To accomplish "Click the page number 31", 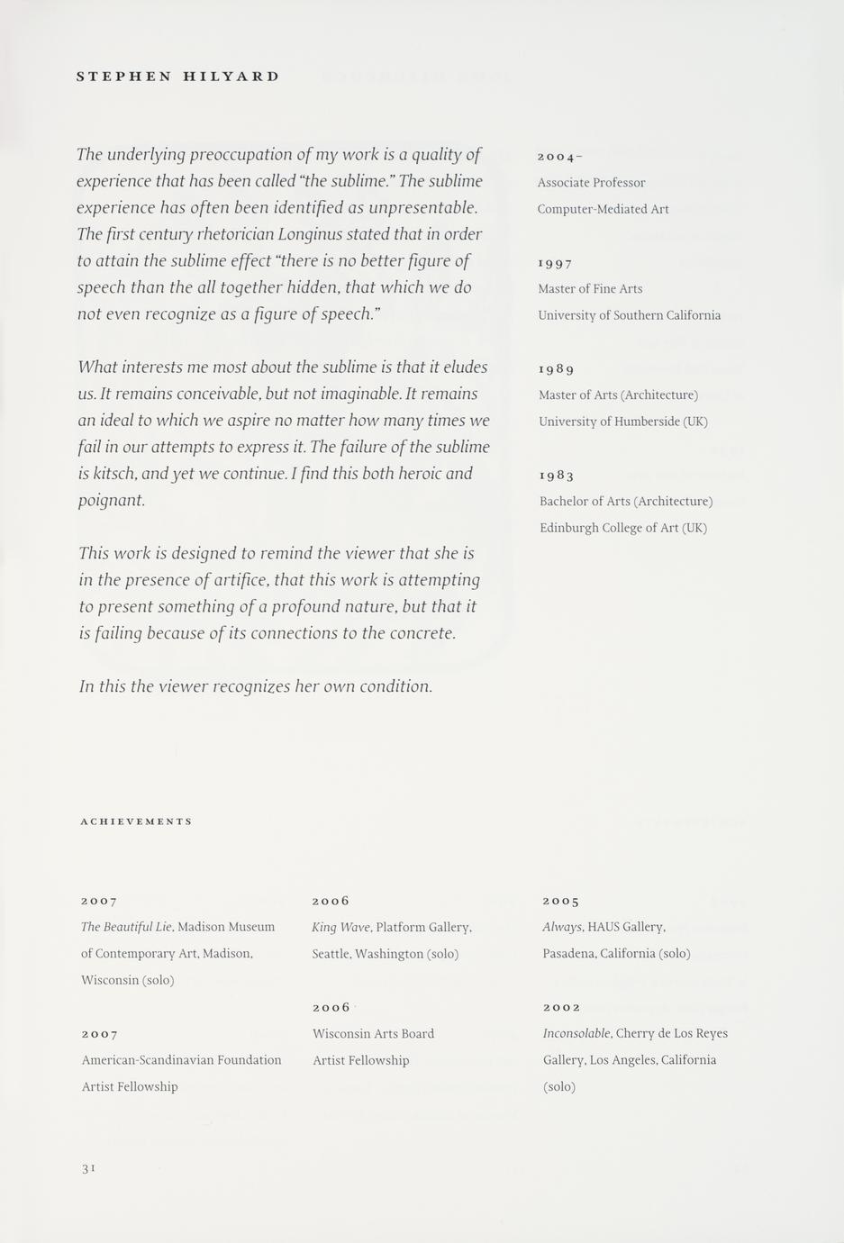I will click(x=88, y=1168).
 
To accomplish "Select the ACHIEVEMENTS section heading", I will click(x=136, y=821).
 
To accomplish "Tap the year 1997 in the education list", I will click(x=555, y=263).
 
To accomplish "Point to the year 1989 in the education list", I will click(x=556, y=369).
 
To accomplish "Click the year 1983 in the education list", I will click(x=557, y=476).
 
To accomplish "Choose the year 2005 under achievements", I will click(x=560, y=901).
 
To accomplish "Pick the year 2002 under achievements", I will click(x=561, y=1007).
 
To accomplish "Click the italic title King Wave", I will click(x=341, y=927).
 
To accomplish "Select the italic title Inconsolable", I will click(x=577, y=1033).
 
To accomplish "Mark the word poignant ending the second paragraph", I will click(x=111, y=500).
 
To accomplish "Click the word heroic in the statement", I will click(x=413, y=474).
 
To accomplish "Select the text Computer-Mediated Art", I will click(x=603, y=209).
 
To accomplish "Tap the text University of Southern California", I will click(x=629, y=315).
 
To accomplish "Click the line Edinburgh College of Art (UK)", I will click(x=623, y=528).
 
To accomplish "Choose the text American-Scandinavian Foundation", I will click(x=181, y=1060).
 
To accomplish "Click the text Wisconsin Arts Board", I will click(x=373, y=1033).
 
